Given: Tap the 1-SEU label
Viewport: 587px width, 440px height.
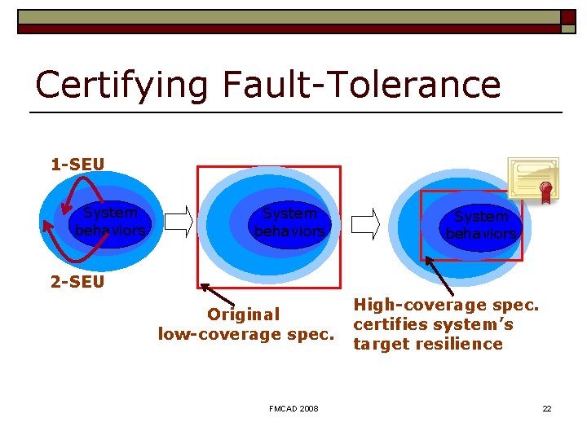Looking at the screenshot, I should point(77,165).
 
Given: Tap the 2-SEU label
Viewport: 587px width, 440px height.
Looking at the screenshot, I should point(77,283).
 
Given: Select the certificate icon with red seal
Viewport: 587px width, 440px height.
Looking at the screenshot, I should point(533,179).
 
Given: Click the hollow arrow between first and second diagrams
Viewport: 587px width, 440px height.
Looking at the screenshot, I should point(179,222).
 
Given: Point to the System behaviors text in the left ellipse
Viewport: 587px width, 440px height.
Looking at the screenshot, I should point(111,222).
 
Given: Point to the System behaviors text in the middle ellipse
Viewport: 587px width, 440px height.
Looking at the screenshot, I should point(289,222).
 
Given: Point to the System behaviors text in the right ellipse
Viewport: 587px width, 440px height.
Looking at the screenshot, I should point(481,225).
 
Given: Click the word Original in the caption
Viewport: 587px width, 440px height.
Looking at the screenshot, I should point(243,315).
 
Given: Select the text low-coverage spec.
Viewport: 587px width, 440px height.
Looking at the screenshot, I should point(246,334).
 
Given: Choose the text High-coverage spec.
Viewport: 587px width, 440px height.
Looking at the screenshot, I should point(446,305).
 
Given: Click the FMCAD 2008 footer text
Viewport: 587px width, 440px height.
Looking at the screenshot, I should point(293,408).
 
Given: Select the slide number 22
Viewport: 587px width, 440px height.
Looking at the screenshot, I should point(547,408).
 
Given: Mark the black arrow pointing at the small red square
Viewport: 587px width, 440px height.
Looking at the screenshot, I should point(439,275).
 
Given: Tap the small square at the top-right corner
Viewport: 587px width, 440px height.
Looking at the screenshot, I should point(567,16).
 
